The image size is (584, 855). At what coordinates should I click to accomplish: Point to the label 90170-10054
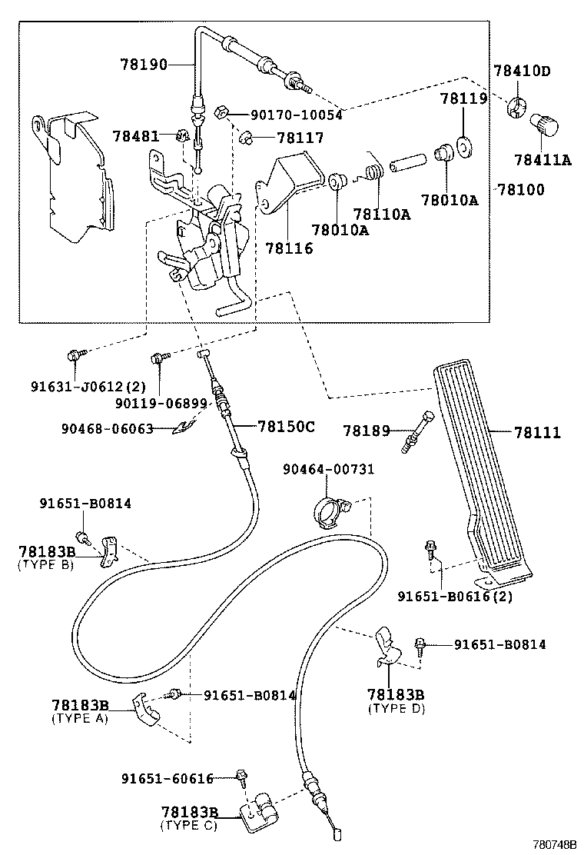point(295,115)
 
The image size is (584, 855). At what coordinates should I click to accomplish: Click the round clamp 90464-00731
point(330,510)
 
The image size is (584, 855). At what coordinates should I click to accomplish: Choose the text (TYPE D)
point(397,708)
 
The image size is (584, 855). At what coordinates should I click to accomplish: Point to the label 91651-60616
point(167,779)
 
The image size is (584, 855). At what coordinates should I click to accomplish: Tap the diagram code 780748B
point(554,844)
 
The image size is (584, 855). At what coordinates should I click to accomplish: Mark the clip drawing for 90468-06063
point(184,427)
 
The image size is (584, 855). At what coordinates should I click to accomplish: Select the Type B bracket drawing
point(108,551)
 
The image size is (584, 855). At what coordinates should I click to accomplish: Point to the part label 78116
point(289,248)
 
